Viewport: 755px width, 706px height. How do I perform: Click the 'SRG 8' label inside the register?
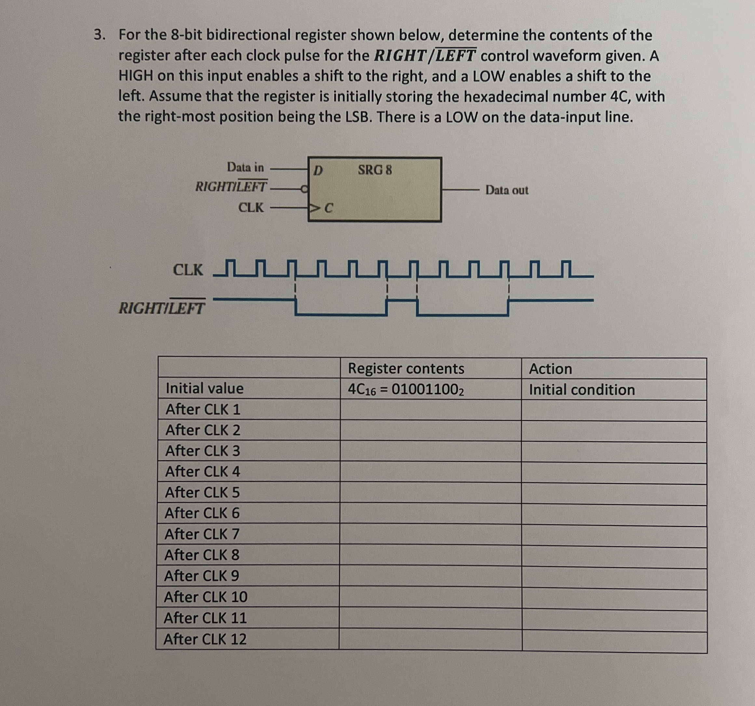[374, 170]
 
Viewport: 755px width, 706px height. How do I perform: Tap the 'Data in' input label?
[245, 167]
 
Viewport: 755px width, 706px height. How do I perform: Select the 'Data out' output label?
[506, 190]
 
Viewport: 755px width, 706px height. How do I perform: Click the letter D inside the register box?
[318, 170]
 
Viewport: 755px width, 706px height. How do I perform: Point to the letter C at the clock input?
[329, 208]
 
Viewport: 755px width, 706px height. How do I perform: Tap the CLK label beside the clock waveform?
[188, 270]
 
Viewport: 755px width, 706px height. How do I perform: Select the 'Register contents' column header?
[406, 369]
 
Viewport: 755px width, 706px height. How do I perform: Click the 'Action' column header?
[550, 369]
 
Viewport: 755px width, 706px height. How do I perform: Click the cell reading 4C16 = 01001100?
[406, 389]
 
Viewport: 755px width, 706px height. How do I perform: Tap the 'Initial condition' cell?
[582, 390]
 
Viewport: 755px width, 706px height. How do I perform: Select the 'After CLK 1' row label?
[203, 409]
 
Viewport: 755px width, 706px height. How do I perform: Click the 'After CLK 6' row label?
[202, 513]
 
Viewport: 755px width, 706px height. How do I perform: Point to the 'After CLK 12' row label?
[205, 639]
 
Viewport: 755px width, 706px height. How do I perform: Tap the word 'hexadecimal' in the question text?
[506, 97]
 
